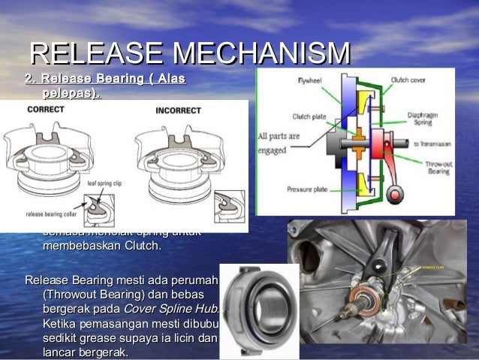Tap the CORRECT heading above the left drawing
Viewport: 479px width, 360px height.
pos(45,109)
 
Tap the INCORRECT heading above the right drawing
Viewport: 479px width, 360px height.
pos(178,110)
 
